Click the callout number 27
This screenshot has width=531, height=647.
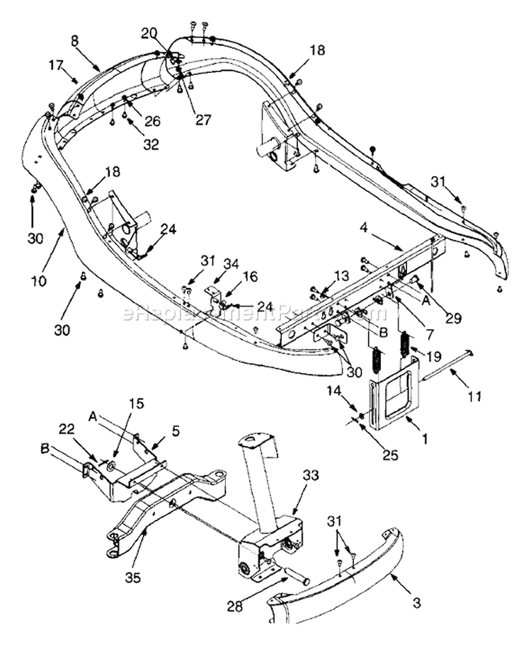tap(203, 120)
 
